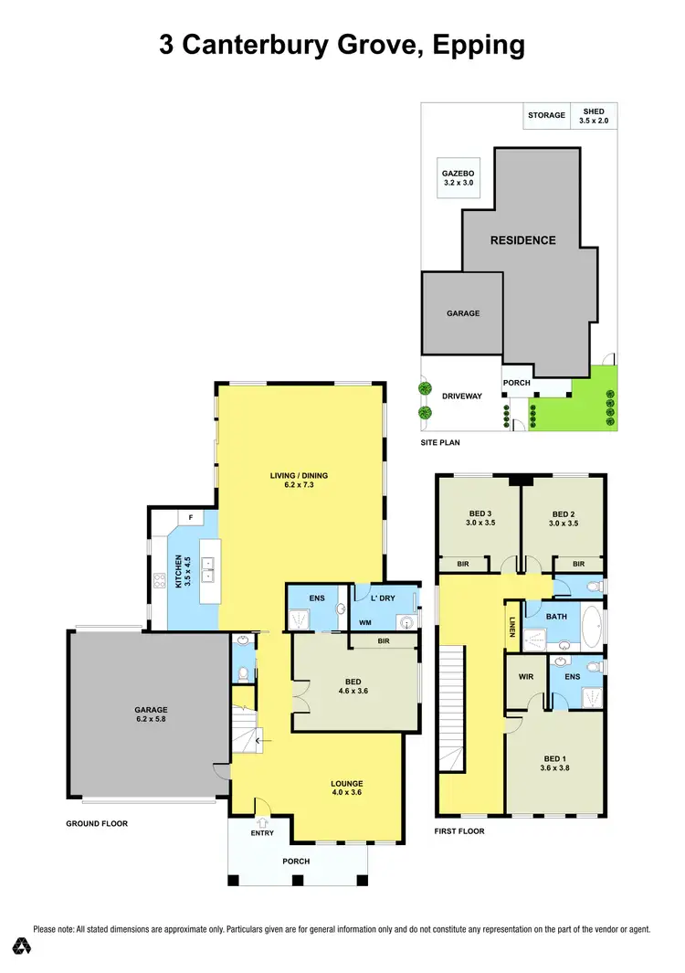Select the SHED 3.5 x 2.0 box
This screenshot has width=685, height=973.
593,115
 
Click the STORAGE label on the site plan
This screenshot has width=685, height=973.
546,116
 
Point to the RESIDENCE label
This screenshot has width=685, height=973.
522,240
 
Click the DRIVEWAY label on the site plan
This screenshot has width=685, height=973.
461,397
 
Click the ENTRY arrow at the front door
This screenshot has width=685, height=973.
262,821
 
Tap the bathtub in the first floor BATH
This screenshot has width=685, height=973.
589,629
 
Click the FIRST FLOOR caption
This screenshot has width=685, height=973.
460,831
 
